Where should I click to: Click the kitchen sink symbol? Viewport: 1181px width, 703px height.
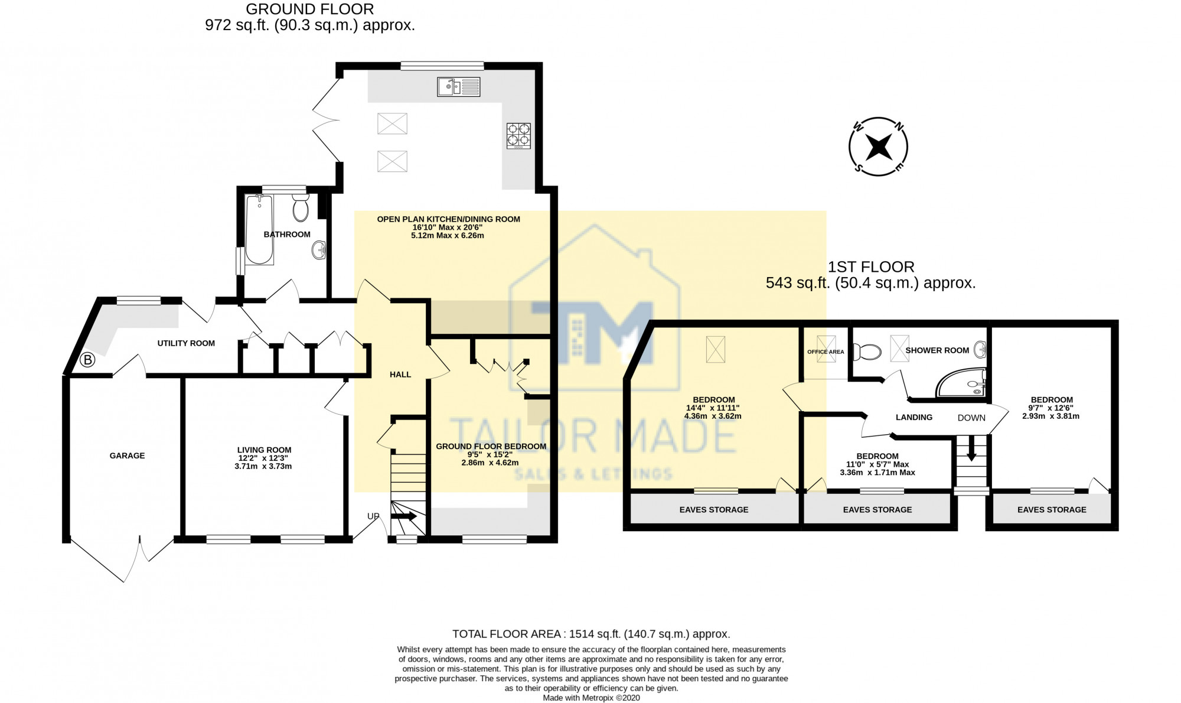tap(458, 87)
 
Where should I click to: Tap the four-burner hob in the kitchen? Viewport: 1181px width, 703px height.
tap(518, 135)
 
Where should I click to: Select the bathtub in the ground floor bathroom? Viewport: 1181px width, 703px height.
tap(259, 229)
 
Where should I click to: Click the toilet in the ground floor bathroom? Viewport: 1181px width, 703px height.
tap(301, 207)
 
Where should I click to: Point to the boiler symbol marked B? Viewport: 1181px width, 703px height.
tap(87, 359)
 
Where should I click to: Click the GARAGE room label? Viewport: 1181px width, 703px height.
tap(127, 455)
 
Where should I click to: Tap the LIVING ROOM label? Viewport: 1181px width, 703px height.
tap(264, 450)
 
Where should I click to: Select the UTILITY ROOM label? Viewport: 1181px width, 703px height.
tap(186, 343)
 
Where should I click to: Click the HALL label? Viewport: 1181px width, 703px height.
tap(400, 375)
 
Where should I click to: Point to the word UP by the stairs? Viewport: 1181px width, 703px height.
tap(373, 516)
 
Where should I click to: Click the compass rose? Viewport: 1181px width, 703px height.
tap(878, 146)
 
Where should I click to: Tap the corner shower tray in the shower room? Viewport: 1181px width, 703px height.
tap(961, 382)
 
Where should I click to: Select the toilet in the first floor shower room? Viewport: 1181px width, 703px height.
tap(867, 352)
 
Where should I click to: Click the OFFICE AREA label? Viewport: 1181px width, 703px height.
tap(826, 352)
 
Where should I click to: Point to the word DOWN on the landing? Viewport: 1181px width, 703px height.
tap(971, 418)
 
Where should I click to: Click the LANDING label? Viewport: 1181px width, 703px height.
tap(914, 417)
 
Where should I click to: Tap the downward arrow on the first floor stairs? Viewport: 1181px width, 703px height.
tap(971, 449)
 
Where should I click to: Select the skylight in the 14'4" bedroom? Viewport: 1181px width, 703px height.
tap(715, 349)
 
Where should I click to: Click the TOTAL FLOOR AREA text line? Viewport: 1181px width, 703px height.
tap(591, 634)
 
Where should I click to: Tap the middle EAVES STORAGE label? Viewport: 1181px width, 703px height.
tap(877, 509)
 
